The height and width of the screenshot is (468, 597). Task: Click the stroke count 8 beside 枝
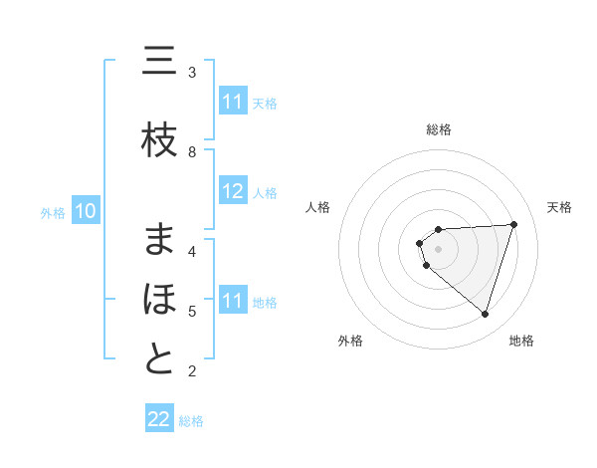192,152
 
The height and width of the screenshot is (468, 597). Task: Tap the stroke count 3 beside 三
192,72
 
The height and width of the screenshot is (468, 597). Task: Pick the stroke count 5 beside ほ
192,311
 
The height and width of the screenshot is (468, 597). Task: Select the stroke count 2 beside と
192,371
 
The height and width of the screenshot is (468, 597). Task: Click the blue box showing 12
232,192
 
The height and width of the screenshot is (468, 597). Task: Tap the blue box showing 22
159,419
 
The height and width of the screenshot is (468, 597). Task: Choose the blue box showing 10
86,211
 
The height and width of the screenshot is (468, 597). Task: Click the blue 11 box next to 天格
232,102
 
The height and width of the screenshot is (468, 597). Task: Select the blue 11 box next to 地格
232,301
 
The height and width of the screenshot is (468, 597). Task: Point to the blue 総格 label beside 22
191,421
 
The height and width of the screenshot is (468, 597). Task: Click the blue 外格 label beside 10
53,212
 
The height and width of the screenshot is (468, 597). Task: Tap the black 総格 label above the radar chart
438,129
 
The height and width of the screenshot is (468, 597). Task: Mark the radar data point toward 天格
513,224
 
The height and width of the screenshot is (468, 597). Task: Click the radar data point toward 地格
485,315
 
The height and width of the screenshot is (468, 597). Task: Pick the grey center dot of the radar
438,248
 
